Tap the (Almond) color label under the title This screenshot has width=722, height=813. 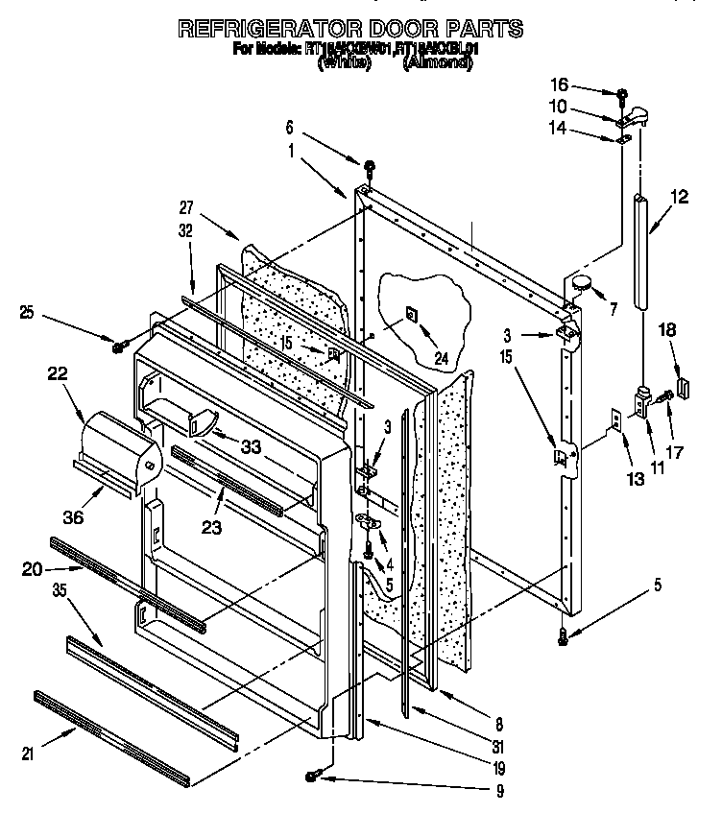438,63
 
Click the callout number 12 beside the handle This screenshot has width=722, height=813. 679,198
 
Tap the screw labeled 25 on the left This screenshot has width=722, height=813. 120,344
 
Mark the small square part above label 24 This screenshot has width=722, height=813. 410,313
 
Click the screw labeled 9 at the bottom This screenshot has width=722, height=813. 314,775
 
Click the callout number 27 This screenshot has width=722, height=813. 186,204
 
